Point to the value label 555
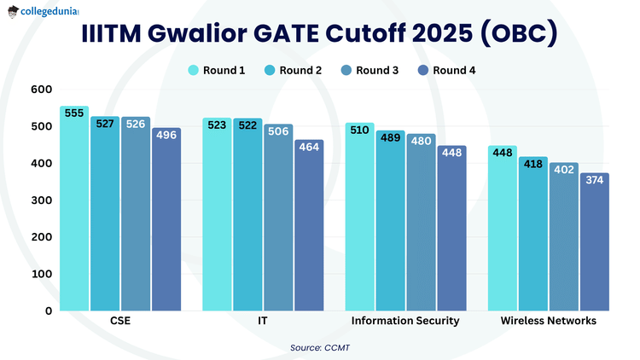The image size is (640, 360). [73, 113]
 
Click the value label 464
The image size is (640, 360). [309, 147]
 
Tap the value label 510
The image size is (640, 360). [359, 130]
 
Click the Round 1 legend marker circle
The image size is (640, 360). [194, 70]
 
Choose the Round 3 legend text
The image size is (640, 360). [377, 70]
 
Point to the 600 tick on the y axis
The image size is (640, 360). [41, 90]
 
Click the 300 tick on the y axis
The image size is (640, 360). [41, 200]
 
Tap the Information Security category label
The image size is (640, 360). [405, 322]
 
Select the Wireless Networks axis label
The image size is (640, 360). [549, 322]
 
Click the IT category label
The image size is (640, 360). [263, 322]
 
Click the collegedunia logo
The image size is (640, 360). [49, 14]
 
